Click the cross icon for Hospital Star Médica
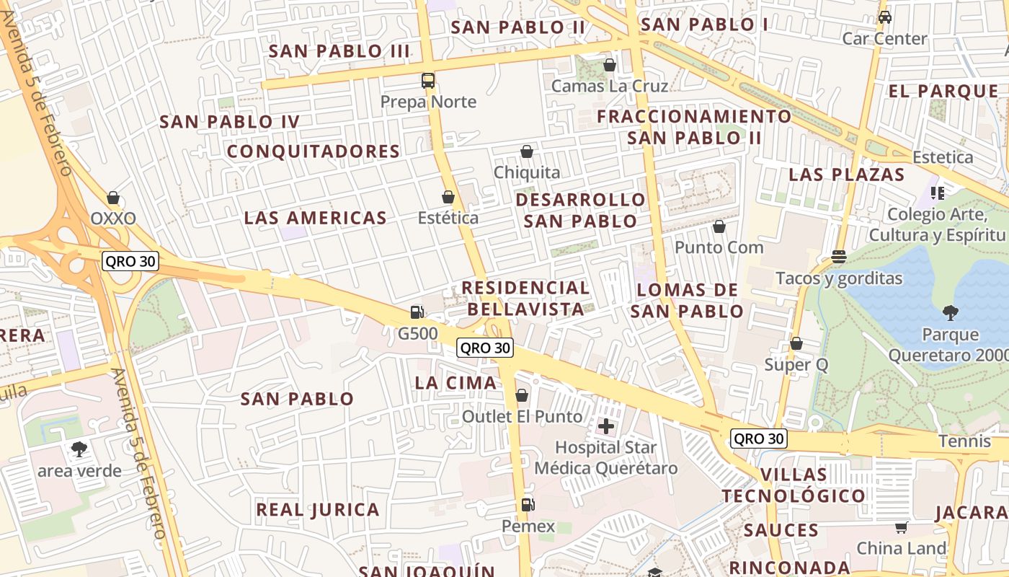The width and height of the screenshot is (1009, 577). tap(606, 426)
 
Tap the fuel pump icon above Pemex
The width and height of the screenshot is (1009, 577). tap(528, 505)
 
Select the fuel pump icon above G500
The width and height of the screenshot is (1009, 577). tap(417, 312)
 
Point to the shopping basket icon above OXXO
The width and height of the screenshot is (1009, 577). tap(113, 198)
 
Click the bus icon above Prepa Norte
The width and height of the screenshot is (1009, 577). tap(428, 81)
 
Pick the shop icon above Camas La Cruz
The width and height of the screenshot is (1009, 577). tap(610, 65)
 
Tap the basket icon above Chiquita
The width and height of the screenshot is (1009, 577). tap(527, 151)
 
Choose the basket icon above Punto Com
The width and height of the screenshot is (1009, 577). tap(719, 226)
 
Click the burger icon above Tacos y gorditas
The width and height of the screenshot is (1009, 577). tap(838, 257)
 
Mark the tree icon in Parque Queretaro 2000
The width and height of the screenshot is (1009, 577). tap(950, 312)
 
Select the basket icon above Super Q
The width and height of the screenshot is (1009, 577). tap(796, 343)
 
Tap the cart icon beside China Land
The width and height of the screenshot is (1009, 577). tap(901, 527)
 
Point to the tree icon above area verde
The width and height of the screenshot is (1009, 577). tap(79, 449)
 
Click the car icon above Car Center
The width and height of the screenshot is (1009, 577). tap(884, 17)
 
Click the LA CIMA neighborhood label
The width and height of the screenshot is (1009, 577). tap(456, 383)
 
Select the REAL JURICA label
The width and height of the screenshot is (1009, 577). tap(318, 510)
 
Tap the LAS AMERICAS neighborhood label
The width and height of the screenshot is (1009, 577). tap(316, 218)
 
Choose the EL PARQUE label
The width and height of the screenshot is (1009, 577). tap(943, 92)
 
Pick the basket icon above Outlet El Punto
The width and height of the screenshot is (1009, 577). tap(522, 395)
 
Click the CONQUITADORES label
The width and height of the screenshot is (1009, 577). tap(314, 151)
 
